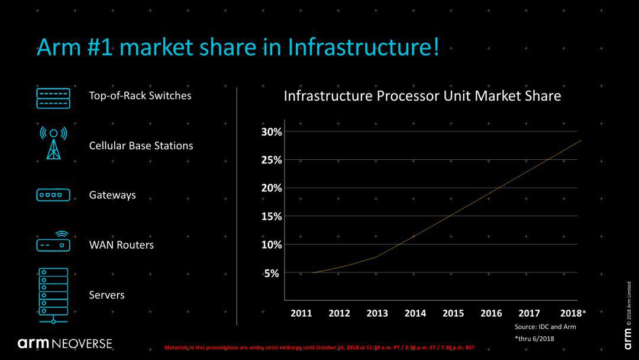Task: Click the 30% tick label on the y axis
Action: (272, 131)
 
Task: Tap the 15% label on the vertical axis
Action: (272, 216)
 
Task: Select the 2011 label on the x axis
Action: (301, 313)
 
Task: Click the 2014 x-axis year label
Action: (415, 313)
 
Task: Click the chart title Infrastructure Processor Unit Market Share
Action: (422, 96)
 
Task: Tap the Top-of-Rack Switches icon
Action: (53, 98)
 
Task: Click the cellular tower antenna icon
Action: (53, 143)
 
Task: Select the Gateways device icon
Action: (53, 195)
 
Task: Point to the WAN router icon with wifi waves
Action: (53, 242)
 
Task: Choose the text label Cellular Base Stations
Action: (141, 146)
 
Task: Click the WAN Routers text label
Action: (121, 245)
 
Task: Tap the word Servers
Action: (106, 295)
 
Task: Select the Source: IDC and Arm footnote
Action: (545, 327)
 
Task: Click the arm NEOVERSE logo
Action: (64, 343)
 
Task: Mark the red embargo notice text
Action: (319, 347)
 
